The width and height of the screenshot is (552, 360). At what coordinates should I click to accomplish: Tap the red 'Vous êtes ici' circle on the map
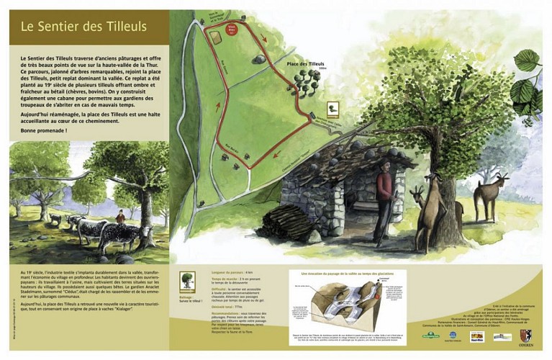[x=232, y=30]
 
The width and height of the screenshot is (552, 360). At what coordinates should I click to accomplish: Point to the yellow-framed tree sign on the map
[x=332, y=109]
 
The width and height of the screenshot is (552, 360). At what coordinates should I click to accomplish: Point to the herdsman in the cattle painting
[x=120, y=216]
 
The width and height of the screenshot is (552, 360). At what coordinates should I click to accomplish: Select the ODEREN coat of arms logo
[x=525, y=336]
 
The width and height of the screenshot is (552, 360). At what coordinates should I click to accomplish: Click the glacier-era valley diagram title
[x=349, y=273]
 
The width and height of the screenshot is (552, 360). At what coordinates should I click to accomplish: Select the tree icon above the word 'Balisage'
[x=187, y=279]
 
